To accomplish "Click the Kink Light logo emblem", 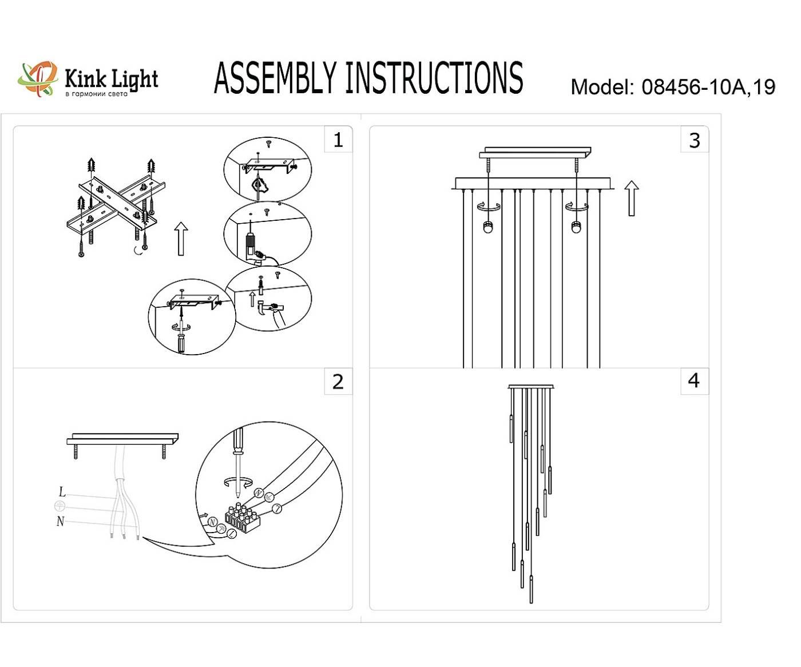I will (37, 78).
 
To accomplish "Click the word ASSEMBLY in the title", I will (275, 78).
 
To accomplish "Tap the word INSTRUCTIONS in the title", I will (434, 78).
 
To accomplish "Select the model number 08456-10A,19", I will (708, 87).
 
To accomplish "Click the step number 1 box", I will (338, 140).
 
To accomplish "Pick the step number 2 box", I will (338, 381).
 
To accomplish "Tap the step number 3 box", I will (694, 140).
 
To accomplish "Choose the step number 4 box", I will (693, 380).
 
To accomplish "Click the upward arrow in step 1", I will (180, 239).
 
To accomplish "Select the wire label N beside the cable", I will (60, 521).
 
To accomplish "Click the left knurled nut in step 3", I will (488, 227).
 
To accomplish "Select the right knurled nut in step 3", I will (576, 227).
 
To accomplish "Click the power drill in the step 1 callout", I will (252, 246).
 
